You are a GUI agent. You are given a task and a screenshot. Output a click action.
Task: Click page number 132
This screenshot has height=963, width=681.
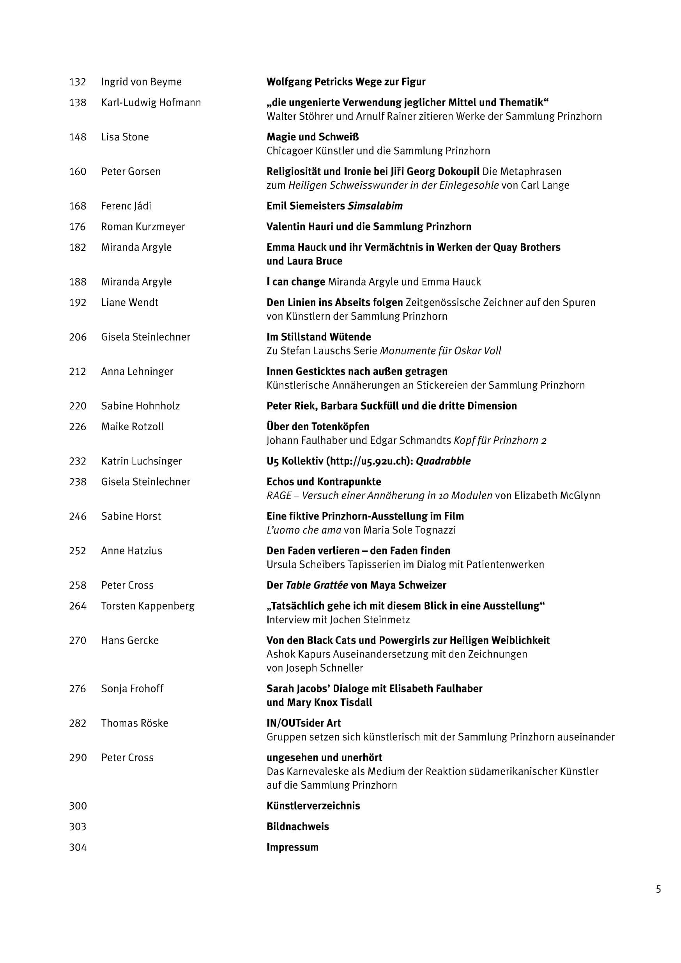78,82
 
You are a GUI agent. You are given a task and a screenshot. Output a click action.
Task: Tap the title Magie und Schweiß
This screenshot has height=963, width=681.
312,137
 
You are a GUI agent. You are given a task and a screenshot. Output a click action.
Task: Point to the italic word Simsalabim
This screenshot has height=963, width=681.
375,206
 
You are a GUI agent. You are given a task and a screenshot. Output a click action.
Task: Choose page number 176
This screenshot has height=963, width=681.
78,227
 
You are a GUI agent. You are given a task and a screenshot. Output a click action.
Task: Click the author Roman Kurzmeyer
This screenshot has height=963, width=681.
143,227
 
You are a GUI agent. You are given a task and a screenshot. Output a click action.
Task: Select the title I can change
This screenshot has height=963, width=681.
295,282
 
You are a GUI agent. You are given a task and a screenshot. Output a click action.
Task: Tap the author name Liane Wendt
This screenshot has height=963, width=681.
129,303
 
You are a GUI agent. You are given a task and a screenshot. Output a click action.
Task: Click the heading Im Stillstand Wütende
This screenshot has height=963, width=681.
319,337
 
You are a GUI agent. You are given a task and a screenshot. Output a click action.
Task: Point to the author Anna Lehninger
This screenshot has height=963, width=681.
137,371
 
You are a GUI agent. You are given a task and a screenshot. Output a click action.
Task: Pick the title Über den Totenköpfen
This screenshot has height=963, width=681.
318,427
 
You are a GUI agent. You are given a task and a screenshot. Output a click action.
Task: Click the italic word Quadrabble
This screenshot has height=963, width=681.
443,461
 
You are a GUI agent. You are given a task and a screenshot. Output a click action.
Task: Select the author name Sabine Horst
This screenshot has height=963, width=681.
131,516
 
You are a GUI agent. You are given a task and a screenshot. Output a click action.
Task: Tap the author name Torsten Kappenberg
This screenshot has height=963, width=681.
148,606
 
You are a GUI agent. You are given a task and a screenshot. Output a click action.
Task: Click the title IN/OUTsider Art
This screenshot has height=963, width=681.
304,723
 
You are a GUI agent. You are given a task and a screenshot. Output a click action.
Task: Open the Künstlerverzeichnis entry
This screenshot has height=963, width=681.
313,806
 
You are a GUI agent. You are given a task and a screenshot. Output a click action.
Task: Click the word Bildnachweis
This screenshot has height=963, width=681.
298,826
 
